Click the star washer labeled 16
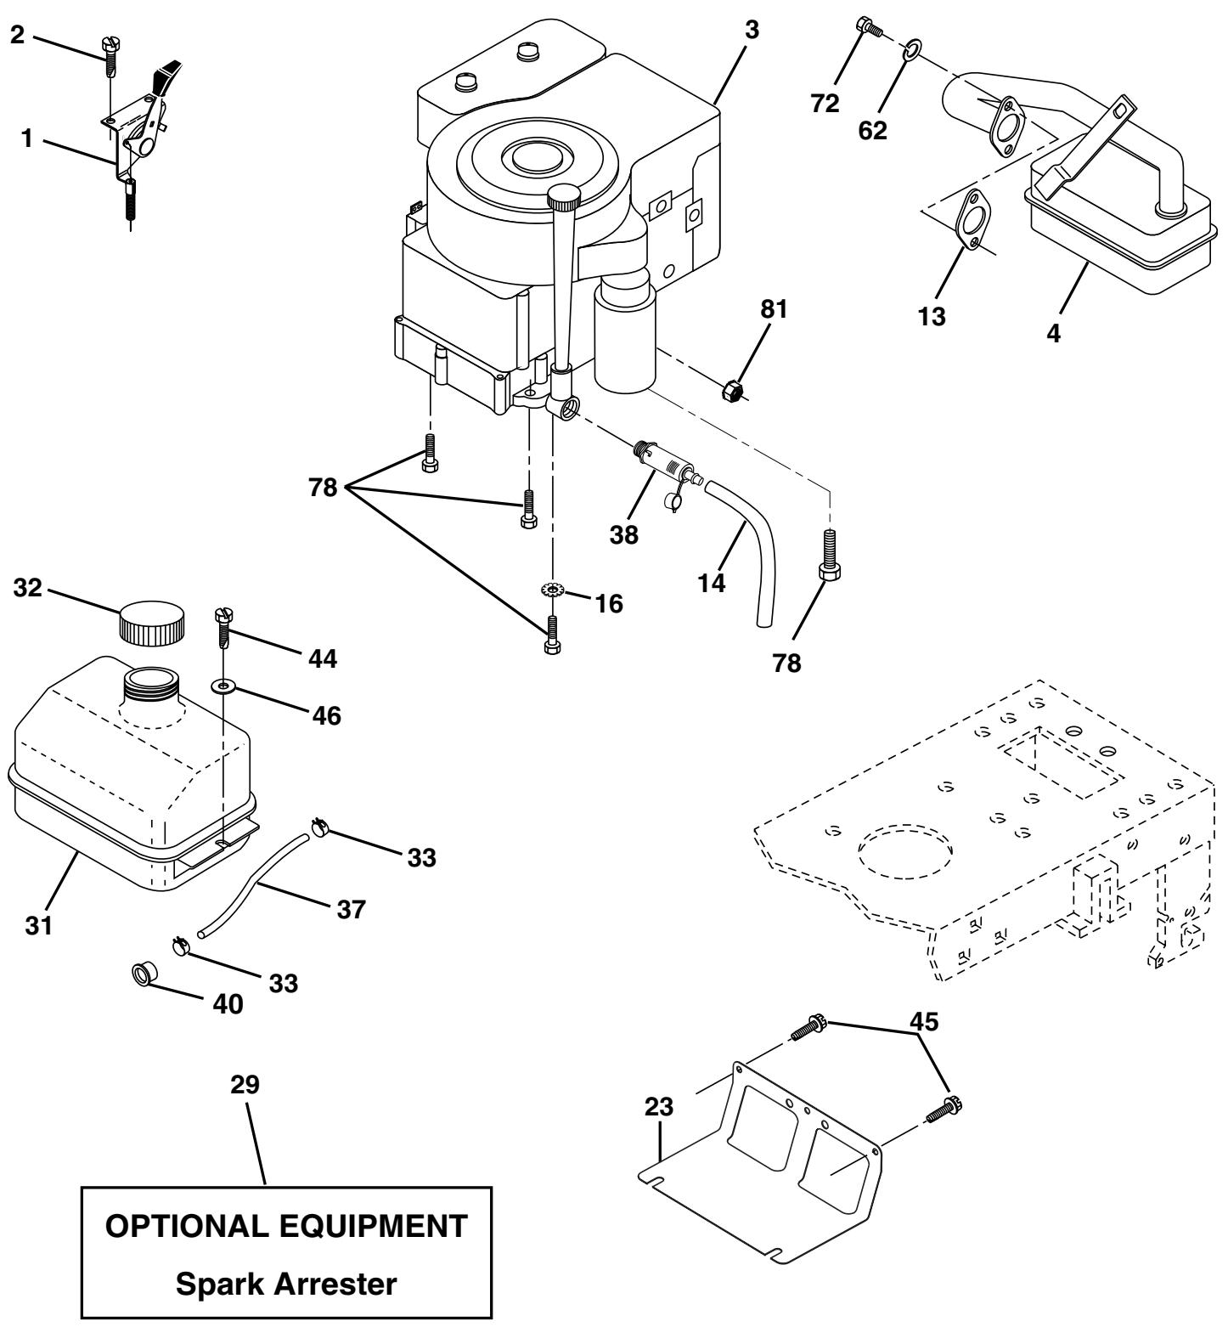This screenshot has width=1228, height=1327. click(x=554, y=590)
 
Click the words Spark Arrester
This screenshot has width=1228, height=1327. click(x=285, y=1284)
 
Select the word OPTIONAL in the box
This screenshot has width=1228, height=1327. click(x=186, y=1225)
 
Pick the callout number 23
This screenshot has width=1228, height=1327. click(x=659, y=1107)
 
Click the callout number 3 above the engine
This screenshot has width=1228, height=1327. click(x=752, y=29)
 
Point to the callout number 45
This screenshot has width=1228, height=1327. click(x=925, y=1022)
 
